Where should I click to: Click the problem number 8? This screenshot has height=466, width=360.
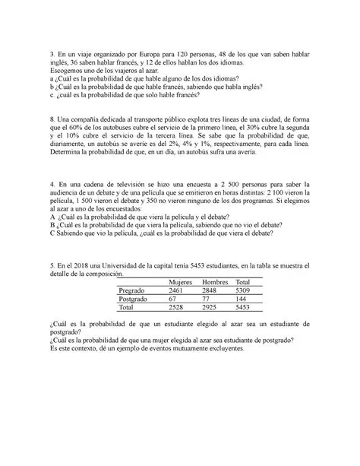pos(49,119)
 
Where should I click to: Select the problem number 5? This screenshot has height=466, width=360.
pos(49,259)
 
